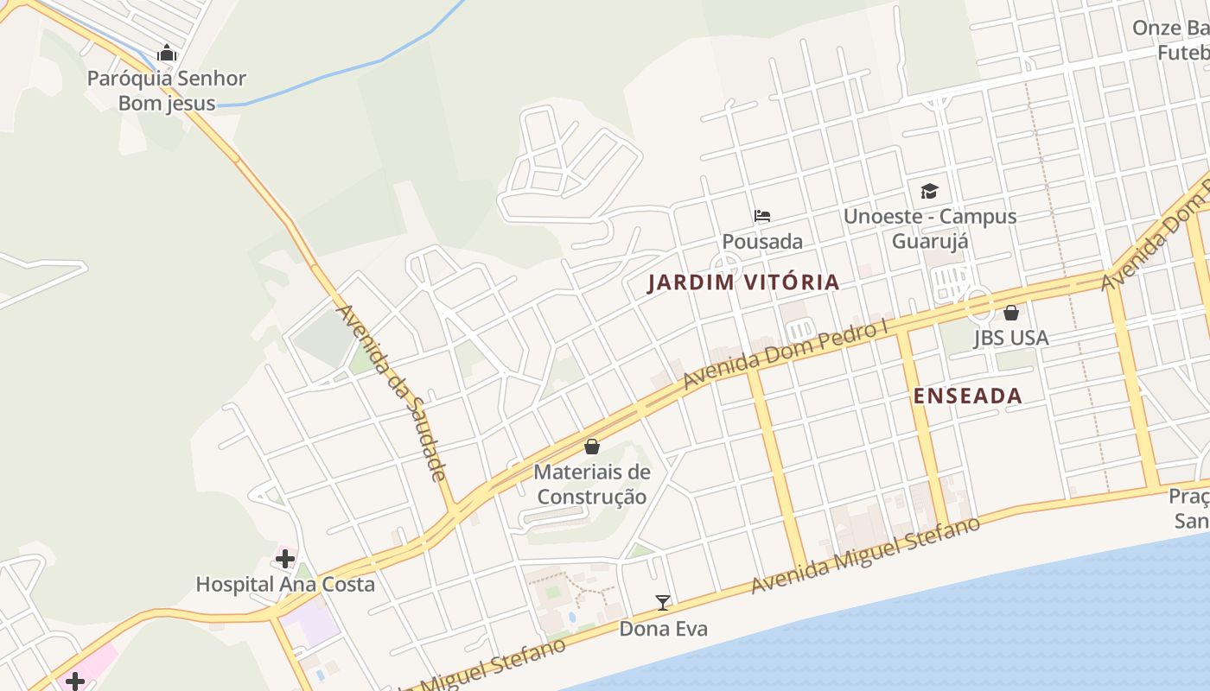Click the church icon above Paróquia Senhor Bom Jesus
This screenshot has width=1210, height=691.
[167, 54]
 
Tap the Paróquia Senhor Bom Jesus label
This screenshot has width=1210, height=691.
[167, 91]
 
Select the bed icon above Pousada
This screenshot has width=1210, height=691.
[761, 216]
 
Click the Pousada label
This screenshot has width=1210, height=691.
[762, 242]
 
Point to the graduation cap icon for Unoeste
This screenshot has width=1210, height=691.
[929, 191]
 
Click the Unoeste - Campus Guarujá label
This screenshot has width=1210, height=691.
[930, 228]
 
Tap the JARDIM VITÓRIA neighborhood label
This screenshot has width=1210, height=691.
[743, 282]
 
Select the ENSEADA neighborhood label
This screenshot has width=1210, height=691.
[968, 396]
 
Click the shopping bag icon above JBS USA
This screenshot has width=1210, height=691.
[1010, 313]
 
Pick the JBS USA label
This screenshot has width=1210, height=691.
[1011, 338]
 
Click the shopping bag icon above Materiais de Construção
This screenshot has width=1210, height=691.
[592, 447]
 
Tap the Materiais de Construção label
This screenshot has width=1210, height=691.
[592, 485]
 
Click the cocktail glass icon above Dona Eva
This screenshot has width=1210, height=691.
[663, 602]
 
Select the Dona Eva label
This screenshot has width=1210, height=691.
[663, 629]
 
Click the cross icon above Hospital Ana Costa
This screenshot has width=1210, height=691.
[285, 559]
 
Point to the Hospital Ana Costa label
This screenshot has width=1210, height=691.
[285, 585]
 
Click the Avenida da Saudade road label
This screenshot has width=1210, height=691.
[391, 391]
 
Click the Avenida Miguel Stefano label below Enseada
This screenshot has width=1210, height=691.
[866, 555]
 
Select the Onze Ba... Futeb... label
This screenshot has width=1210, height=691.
[1171, 41]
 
